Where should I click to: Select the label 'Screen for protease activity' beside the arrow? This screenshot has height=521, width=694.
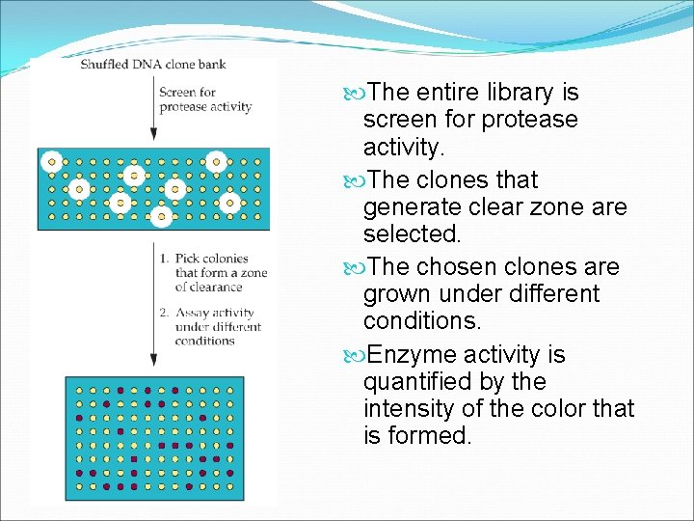coord(205,99)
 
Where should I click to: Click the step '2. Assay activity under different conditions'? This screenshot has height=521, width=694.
coord(214,326)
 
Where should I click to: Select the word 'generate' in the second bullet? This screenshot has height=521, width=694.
coord(409,206)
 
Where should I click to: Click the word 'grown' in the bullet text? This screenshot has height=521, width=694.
coord(396,293)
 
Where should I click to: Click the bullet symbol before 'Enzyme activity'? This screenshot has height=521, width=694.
coord(352,355)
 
